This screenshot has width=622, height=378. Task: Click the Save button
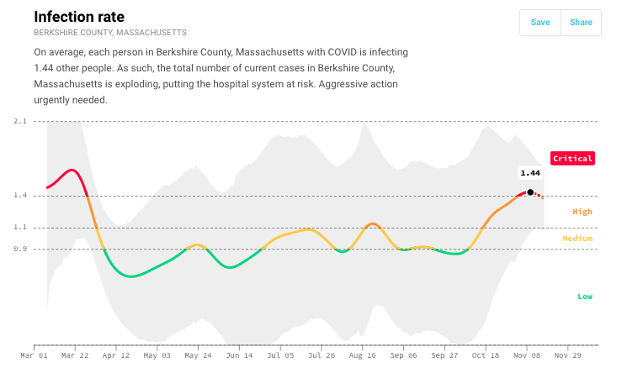pos(540,23)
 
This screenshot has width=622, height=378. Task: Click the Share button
pos(581,23)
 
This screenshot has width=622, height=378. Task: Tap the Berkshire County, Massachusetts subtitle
pos(109,33)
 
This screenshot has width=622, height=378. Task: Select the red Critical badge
pos(572,158)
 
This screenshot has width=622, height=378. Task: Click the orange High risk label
pos(582,212)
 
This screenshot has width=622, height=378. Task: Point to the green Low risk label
pos(584,297)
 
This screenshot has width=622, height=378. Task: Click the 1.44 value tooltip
pos(530,173)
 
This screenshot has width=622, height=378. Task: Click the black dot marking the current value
pos(530,192)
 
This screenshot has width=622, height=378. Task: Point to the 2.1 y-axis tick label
pos(20,122)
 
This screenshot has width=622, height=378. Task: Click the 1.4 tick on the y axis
pos(20,196)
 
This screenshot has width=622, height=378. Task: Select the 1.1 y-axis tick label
pos(20,228)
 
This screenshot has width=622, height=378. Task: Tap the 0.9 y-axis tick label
pos(20,249)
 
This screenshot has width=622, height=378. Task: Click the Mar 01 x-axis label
pos(35,356)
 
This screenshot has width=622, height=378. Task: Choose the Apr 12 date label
pos(116,356)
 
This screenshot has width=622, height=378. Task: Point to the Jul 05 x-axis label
pos(280,356)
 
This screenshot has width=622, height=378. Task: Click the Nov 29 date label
pos(568,356)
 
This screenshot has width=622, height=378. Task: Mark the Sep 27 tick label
pos(444,356)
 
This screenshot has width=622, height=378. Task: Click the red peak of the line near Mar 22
pos(72,171)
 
